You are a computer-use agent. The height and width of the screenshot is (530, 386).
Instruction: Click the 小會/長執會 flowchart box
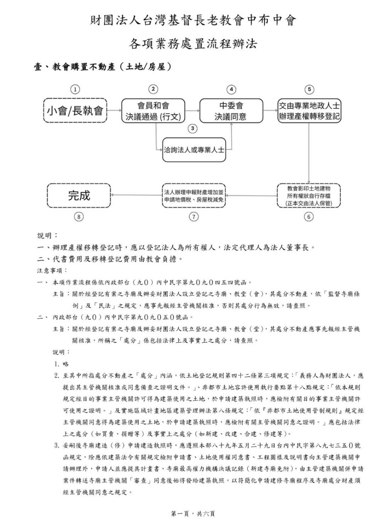(x=75, y=110)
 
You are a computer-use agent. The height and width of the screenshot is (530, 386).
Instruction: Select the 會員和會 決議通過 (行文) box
(x=153, y=110)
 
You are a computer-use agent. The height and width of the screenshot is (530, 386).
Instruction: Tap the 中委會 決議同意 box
(x=231, y=110)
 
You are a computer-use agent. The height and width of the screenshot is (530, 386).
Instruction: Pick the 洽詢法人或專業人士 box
(x=193, y=150)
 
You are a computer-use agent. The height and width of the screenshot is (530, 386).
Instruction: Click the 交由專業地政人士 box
(x=309, y=110)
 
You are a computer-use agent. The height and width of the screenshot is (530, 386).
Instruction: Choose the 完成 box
(x=79, y=195)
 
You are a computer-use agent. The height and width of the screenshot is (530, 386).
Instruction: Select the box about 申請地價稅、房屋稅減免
(x=194, y=195)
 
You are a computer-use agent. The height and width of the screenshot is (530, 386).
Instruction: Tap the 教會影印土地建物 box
(x=309, y=195)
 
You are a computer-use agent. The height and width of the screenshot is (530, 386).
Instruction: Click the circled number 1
(x=75, y=89)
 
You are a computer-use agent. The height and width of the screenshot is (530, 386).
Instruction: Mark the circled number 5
(x=309, y=89)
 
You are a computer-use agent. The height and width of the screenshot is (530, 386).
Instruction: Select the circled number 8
(x=79, y=217)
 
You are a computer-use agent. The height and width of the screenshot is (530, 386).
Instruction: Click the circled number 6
(x=309, y=217)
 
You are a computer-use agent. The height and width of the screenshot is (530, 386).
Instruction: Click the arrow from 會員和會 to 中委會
(x=192, y=110)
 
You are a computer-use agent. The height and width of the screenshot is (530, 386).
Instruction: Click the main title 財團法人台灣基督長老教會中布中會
(x=193, y=20)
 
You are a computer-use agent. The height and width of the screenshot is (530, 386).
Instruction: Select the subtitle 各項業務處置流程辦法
(x=193, y=44)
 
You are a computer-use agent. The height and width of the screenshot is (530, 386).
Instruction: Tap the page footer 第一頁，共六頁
(x=193, y=513)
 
